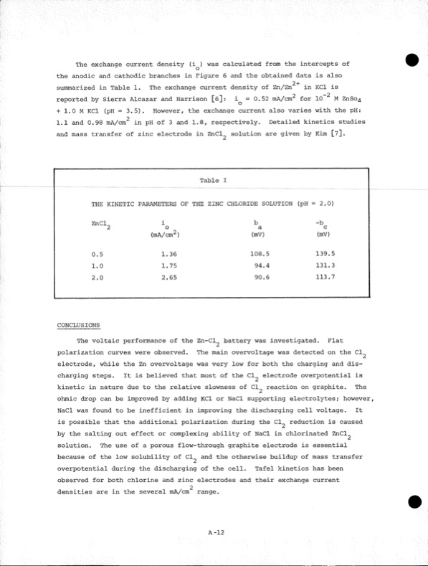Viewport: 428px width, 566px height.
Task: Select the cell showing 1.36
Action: pyautogui.click(x=169, y=253)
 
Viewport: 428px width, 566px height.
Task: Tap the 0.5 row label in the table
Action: pyautogui.click(x=98, y=253)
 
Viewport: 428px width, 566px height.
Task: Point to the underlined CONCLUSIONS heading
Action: pyautogui.click(x=79, y=325)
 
